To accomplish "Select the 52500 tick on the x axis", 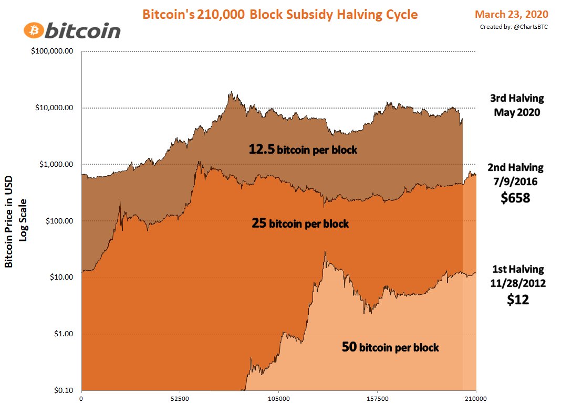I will click(x=180, y=399).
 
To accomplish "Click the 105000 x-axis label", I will click(x=278, y=399).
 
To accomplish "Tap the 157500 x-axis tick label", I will click(x=377, y=399).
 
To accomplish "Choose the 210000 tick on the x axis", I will click(x=476, y=399).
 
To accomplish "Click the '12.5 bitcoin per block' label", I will click(x=303, y=150).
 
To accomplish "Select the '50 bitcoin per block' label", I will click(x=390, y=347).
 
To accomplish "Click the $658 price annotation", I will click(x=515, y=198).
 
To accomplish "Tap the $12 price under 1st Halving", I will click(x=517, y=300).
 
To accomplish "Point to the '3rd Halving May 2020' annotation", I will click(x=517, y=105).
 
